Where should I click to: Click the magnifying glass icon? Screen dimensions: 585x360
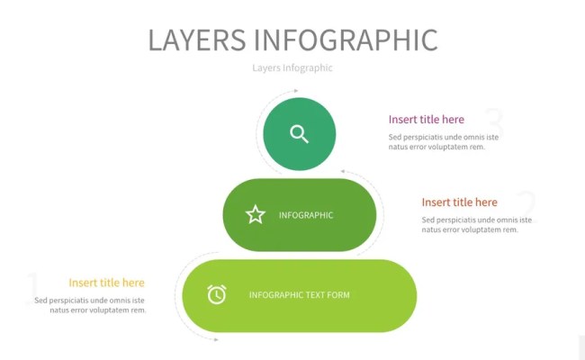(300, 134)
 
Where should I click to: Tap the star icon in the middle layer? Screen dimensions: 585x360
(256, 214)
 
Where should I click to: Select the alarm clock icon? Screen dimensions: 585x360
(217, 294)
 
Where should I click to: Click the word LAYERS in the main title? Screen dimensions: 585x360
(196, 40)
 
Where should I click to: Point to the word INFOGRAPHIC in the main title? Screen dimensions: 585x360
(346, 40)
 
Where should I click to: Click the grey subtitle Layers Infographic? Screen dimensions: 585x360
(292, 67)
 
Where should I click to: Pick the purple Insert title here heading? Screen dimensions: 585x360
(427, 119)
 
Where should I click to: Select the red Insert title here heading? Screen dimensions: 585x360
(459, 202)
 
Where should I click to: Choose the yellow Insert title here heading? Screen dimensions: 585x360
(106, 283)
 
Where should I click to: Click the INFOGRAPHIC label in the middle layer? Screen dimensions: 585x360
(306, 215)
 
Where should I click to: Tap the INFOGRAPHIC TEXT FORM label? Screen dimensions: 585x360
(299, 295)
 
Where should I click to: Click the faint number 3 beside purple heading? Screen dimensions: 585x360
(492, 121)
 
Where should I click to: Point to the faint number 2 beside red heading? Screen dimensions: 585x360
(526, 204)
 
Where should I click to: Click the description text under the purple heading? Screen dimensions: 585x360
(444, 142)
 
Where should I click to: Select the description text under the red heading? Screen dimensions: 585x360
(477, 225)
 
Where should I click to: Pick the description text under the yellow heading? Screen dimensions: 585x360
(90, 305)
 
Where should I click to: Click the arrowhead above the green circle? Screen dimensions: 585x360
(295, 91)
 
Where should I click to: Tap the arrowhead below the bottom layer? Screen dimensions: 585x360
(215, 339)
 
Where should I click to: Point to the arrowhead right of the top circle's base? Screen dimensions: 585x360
(343, 171)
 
